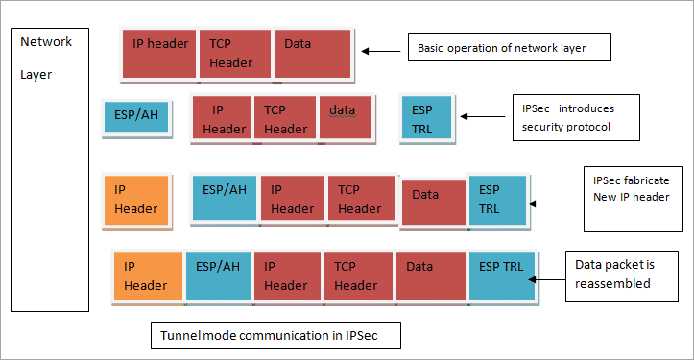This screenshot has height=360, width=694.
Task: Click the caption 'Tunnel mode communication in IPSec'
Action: (x=275, y=336)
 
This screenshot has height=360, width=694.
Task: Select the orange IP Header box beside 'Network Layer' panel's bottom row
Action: (x=148, y=276)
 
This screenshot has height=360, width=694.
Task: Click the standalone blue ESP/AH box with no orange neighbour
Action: (x=137, y=116)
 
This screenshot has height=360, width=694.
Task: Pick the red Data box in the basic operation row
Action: (x=311, y=53)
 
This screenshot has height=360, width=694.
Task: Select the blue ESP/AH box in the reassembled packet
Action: (x=219, y=276)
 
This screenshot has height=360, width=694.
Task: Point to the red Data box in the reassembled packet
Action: (x=430, y=276)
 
